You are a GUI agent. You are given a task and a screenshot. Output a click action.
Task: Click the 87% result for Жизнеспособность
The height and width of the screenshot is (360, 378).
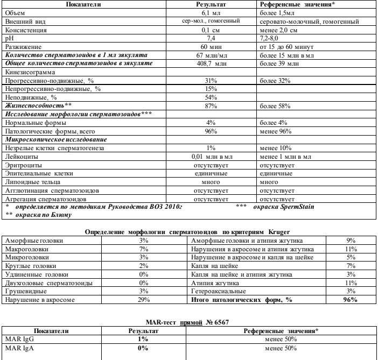click(211, 105)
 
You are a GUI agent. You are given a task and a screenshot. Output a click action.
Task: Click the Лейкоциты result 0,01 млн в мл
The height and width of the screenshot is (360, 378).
click(211, 156)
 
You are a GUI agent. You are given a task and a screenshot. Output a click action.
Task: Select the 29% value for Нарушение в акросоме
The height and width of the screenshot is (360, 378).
click(144, 299)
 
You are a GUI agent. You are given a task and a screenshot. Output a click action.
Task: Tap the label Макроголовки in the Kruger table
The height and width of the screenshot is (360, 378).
click(25, 249)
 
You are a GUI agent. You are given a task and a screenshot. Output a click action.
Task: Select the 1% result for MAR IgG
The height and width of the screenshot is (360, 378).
click(143, 338)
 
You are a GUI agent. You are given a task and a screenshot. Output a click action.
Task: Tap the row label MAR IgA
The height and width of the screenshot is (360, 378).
click(16, 347)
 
